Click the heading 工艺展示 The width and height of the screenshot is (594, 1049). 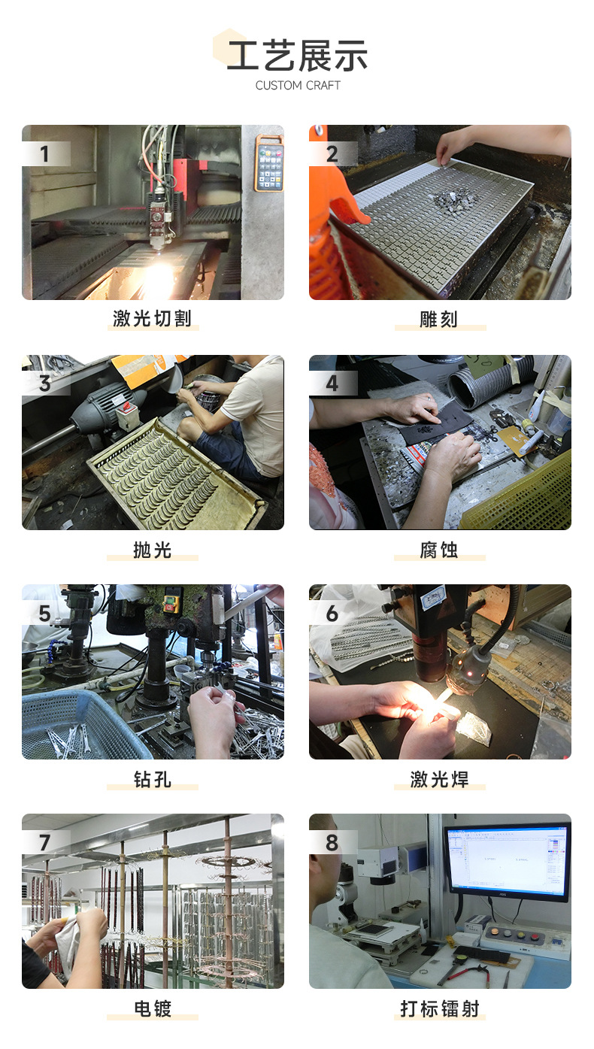pos(297,56)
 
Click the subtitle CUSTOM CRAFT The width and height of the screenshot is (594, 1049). pos(298,86)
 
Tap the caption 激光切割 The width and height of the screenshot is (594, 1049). pos(153,319)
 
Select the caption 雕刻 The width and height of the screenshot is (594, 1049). pos(440,319)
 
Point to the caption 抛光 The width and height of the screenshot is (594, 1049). pos(153,550)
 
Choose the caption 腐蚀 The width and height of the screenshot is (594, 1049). pos(440,550)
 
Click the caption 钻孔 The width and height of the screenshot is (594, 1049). pos(153,780)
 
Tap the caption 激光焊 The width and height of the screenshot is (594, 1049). pos(440,780)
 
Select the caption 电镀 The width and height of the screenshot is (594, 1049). pos(153,1008)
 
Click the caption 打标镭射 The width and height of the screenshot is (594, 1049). pos(440,1008)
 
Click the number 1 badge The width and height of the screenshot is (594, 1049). pos(44,154)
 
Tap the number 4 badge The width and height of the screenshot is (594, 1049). pos(332,384)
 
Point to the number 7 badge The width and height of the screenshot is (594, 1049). pos(44,842)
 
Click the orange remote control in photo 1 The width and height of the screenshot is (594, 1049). pos(268,163)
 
